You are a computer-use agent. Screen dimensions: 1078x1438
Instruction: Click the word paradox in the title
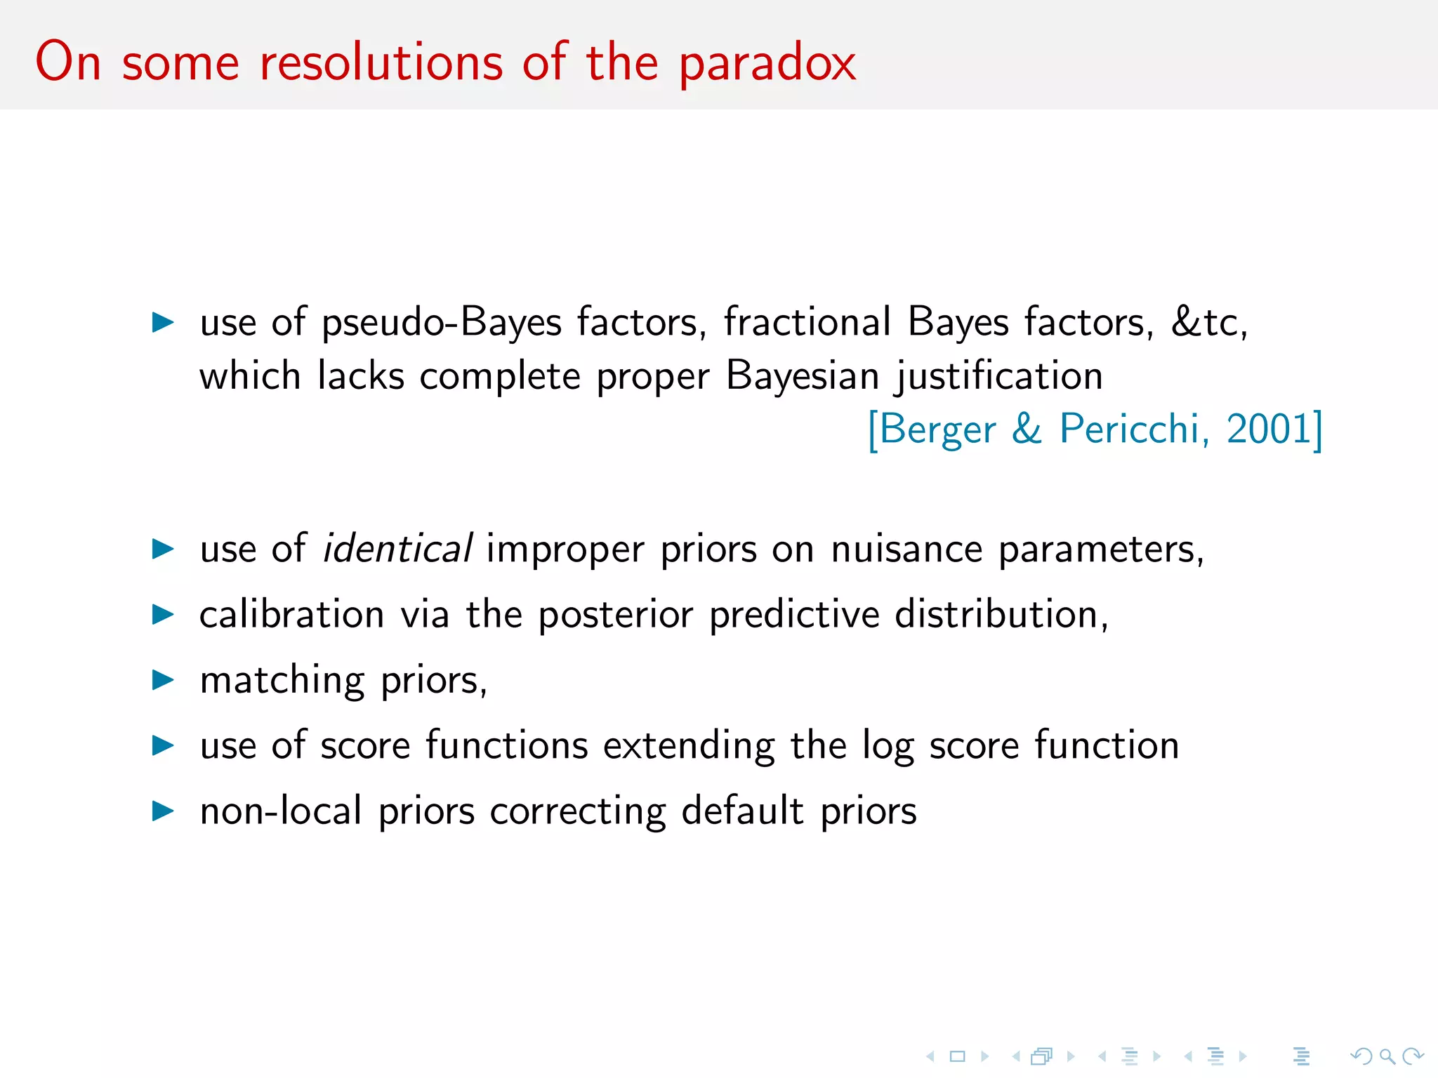[767, 63]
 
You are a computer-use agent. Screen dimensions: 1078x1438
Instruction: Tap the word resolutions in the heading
[381, 63]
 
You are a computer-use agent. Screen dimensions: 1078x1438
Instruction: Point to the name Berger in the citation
[937, 430]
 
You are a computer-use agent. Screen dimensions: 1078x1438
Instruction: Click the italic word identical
[397, 548]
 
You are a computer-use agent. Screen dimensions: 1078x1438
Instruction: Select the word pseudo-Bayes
[442, 323]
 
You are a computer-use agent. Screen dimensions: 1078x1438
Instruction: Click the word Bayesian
[802, 376]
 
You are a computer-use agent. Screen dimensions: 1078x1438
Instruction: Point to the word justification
[998, 376]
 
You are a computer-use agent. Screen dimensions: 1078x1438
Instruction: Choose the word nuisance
[906, 548]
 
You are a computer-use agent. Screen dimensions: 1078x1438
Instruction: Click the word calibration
[291, 614]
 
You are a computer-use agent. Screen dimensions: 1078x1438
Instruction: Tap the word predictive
[794, 615]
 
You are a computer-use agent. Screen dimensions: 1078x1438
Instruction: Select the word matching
[282, 681]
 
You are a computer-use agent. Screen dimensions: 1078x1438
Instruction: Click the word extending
[689, 746]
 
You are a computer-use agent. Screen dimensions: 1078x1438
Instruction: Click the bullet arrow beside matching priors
[163, 679]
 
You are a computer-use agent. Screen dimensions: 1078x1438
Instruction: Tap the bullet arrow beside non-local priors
[163, 811]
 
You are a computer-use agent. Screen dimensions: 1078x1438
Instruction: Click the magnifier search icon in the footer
[1387, 1056]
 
